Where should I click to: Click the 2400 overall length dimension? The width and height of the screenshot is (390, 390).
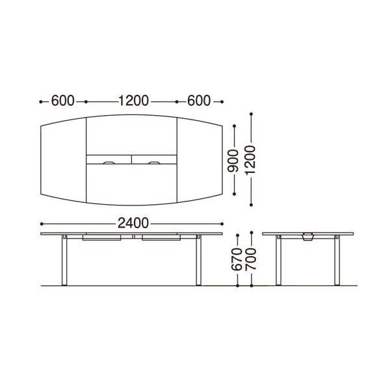(133, 224)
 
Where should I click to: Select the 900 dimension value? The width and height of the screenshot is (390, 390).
(233, 161)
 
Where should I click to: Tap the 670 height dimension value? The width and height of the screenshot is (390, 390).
(237, 259)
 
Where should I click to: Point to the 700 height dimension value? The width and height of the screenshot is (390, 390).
(251, 259)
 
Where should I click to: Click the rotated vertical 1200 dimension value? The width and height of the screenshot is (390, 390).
(250, 160)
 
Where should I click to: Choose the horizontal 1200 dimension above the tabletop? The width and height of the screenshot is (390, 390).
(133, 101)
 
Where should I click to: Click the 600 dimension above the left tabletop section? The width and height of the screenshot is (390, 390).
(62, 101)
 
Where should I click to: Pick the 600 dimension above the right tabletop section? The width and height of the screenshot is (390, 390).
(199, 101)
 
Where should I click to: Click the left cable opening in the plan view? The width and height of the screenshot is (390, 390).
(109, 163)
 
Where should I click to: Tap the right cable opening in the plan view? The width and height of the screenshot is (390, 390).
(154, 163)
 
